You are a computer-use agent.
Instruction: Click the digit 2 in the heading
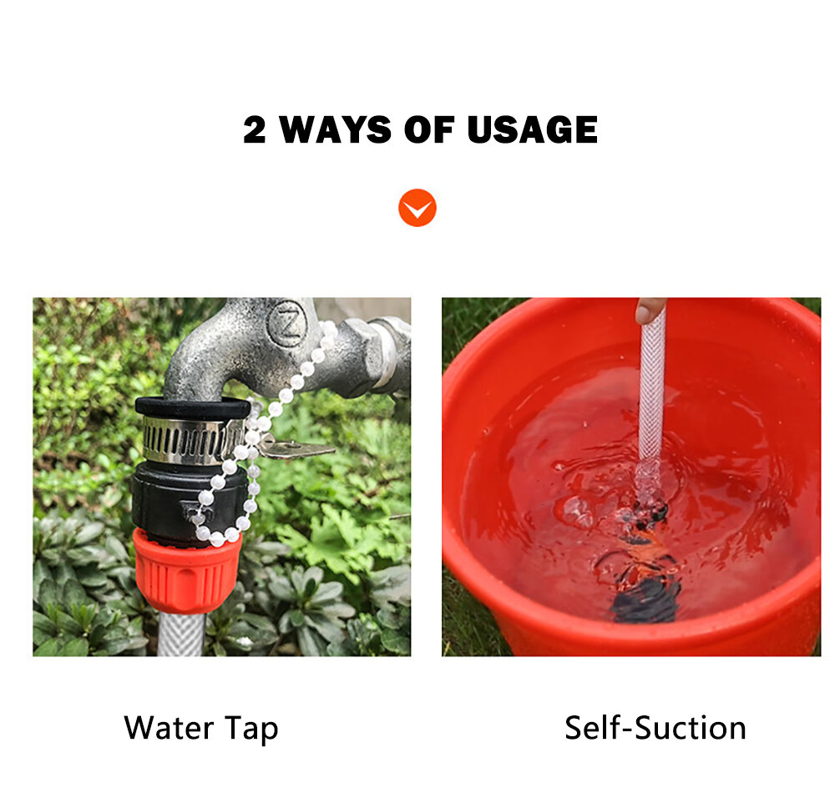click(x=254, y=130)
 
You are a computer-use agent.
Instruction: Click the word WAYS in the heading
click(x=335, y=130)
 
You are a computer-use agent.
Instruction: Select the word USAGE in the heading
click(x=532, y=130)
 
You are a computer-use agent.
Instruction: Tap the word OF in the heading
click(x=428, y=130)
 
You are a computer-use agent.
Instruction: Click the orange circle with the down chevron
click(x=417, y=208)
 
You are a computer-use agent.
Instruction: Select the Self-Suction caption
click(x=655, y=728)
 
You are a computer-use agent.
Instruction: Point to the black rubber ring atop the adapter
click(x=193, y=407)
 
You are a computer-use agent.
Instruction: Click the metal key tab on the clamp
click(x=296, y=448)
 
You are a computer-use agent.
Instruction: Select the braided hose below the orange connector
click(x=181, y=634)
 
